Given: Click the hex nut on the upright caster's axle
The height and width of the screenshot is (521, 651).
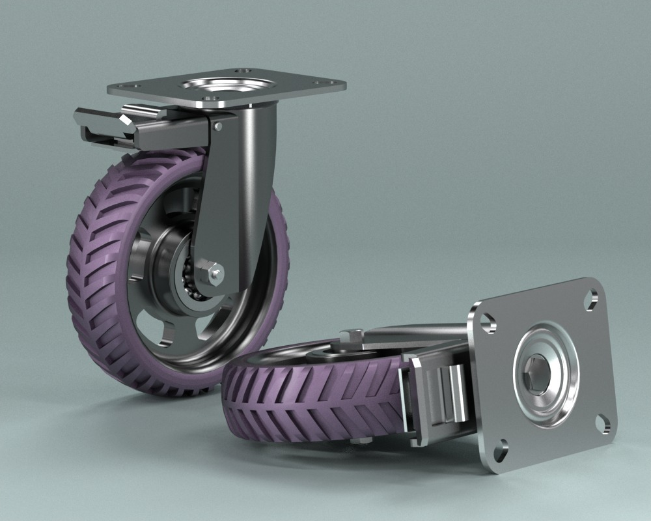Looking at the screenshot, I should coord(212,272).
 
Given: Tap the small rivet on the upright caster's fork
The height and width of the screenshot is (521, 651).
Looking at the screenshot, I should coord(219,126).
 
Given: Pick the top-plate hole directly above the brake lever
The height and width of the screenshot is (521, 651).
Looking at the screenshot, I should coord(134,86).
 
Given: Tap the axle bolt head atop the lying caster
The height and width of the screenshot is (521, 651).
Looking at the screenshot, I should coord(352,335).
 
